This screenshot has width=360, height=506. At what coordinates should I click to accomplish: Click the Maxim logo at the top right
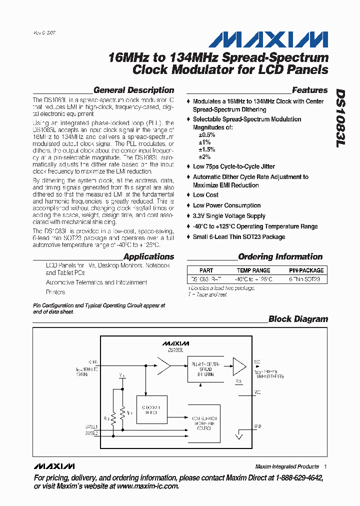(268, 39)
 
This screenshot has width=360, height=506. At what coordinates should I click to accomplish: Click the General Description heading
(133, 90)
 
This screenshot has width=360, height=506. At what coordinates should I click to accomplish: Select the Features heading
(309, 90)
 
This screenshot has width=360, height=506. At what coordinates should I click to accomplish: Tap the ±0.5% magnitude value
(207, 135)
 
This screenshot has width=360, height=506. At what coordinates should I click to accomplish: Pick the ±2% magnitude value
(205, 156)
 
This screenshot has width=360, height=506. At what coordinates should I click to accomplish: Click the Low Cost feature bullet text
(205, 195)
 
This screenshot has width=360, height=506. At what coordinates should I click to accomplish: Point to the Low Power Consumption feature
(226, 205)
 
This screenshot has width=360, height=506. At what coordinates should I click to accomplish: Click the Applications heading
(148, 257)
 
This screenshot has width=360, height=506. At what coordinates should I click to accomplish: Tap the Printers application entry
(55, 292)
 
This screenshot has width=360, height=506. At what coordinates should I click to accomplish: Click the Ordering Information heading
(280, 257)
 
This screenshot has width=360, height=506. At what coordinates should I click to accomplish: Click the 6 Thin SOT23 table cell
(304, 280)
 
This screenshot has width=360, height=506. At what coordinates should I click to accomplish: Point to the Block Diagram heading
(298, 319)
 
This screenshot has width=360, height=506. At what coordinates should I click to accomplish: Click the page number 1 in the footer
(325, 466)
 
